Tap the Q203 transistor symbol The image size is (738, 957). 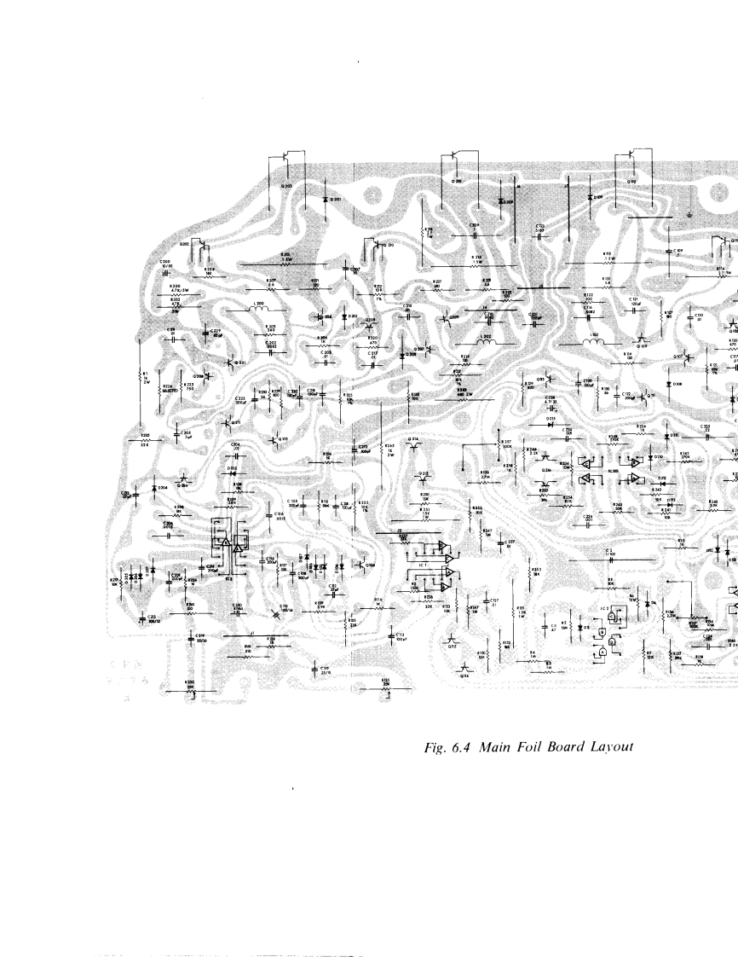coord(282,158)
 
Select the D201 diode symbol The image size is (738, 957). coord(326,200)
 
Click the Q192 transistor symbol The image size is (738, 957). coord(631,156)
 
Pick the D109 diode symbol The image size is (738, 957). coord(590,197)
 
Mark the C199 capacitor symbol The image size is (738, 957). coord(314,669)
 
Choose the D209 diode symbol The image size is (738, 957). coord(500,201)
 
